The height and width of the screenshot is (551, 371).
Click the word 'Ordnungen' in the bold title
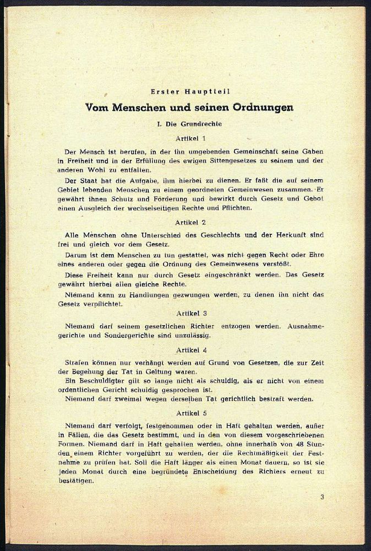(262, 107)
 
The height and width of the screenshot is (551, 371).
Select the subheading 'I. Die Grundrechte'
(189, 124)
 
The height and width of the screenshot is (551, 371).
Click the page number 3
(322, 497)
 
